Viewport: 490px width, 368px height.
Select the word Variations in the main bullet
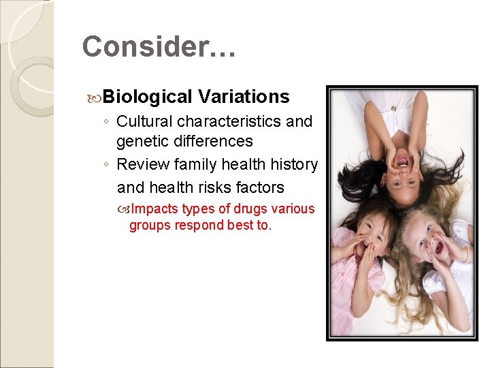click(x=244, y=97)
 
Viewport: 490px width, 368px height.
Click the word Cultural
click(x=144, y=121)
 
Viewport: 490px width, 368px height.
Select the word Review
click(x=141, y=164)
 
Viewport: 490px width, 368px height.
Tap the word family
click(x=190, y=164)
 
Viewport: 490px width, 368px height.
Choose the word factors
click(x=259, y=187)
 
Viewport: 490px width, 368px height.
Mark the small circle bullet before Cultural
click(x=107, y=122)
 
